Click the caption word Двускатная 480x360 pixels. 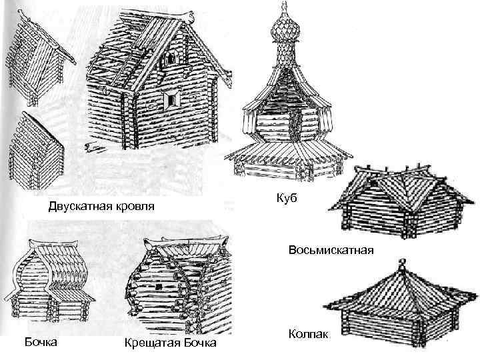pyautogui.click(x=77, y=207)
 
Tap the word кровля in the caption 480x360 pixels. pyautogui.click(x=131, y=207)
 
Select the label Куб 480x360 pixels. pyautogui.click(x=285, y=199)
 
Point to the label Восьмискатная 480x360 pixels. pyautogui.click(x=332, y=251)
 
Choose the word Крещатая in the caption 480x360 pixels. pyautogui.click(x=148, y=343)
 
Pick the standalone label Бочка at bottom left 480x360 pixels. pyautogui.click(x=40, y=342)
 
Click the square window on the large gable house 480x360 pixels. pyautogui.click(x=173, y=101)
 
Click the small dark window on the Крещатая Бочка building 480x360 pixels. pyautogui.click(x=160, y=286)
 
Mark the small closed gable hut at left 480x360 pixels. pyautogui.click(x=36, y=143)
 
